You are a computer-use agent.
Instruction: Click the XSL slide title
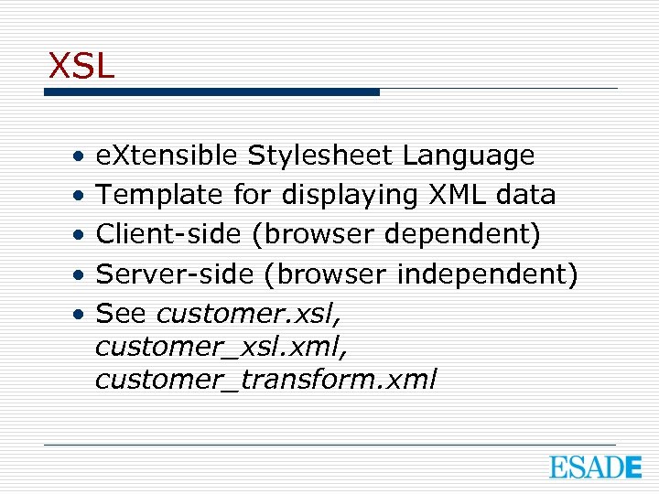[x=81, y=66]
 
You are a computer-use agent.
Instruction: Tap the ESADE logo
[x=595, y=468]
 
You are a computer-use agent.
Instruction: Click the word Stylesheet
[x=322, y=156]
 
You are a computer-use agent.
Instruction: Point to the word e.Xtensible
[x=168, y=156]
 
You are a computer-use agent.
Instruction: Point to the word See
[x=122, y=313]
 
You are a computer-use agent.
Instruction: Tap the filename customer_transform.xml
[x=265, y=379]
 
